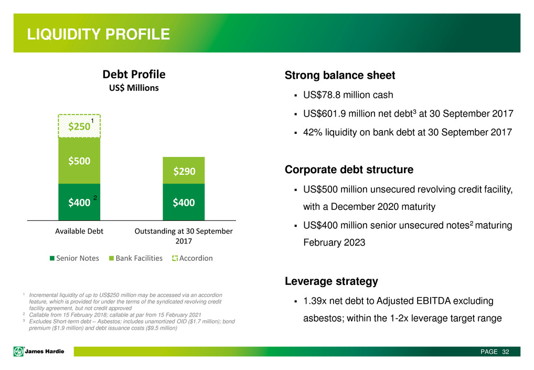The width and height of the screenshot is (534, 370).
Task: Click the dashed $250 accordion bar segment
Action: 79,126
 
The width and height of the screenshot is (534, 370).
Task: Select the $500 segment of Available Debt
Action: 79,161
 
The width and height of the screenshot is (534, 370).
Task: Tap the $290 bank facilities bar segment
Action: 184,171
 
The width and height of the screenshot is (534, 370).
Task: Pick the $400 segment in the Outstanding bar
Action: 184,202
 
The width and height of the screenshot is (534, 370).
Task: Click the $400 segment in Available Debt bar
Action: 79,202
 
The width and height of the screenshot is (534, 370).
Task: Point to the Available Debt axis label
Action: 79,231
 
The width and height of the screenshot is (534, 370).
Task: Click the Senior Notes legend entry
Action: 74,258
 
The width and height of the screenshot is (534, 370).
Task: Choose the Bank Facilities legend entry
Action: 135,258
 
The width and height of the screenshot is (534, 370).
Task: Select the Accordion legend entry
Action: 193,258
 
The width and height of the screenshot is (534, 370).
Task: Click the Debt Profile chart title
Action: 134,75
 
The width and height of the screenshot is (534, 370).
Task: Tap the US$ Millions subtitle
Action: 134,88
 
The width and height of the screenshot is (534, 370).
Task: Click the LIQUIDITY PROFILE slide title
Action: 99,34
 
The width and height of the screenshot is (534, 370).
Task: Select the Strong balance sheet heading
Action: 340,75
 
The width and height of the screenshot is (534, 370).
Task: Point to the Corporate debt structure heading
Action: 349,170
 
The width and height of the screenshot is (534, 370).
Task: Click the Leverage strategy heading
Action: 332,281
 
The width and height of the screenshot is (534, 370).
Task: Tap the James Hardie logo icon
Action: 18,351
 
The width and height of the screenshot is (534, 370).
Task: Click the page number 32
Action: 506,352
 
